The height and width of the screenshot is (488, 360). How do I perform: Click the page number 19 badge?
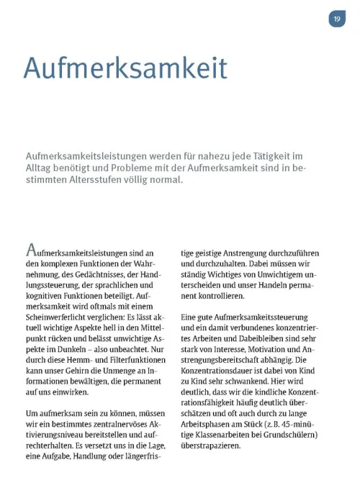pyautogui.click(x=337, y=19)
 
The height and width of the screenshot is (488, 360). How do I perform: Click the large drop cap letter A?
pyautogui.click(x=32, y=250)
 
